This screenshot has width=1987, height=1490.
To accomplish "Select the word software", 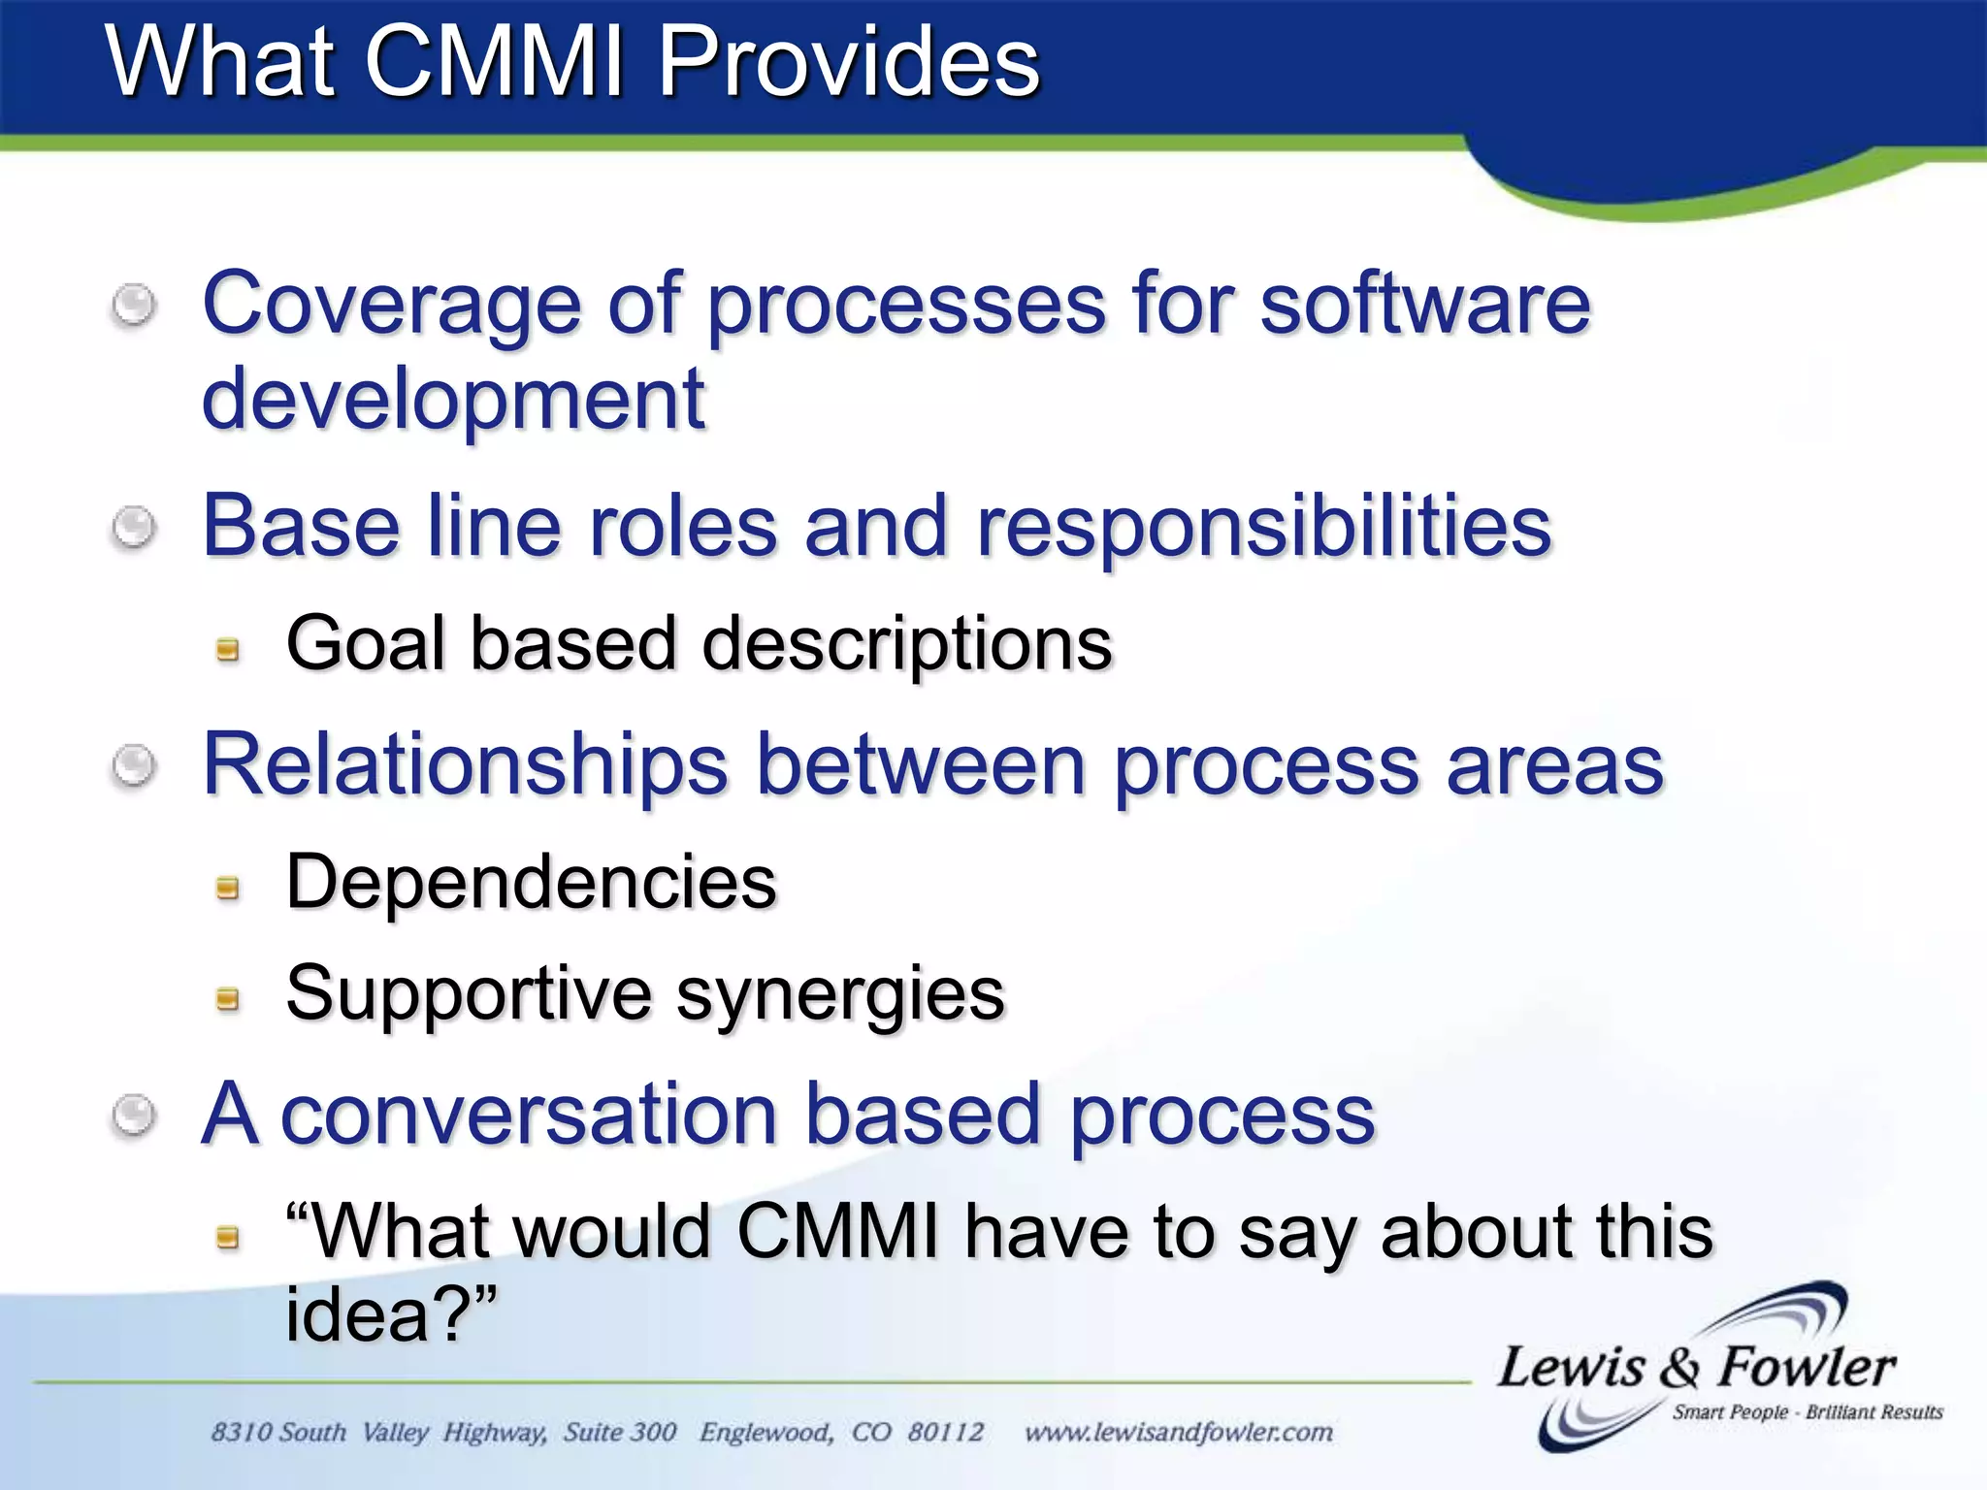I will pos(1425,305).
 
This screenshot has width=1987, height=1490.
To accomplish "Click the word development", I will pos(452,400).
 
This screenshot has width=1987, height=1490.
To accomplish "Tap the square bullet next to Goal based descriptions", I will pos(228,649).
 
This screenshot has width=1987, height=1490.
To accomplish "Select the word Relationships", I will pos(465,765).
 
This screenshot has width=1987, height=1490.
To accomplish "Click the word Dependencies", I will pos(531,882).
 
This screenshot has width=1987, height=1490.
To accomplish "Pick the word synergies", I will pos(840,995).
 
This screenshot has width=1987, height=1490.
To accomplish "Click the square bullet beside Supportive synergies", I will pos(228,998).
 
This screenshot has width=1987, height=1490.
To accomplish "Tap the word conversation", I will pos(529,1115).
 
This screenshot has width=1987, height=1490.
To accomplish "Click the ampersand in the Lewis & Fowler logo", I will pos(1680,1370).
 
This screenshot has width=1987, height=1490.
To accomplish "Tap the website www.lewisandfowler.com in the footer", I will pos(1178,1432).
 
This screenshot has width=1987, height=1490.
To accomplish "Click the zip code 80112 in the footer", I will pos(945,1432).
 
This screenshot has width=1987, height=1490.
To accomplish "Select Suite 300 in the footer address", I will pos(620,1432).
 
